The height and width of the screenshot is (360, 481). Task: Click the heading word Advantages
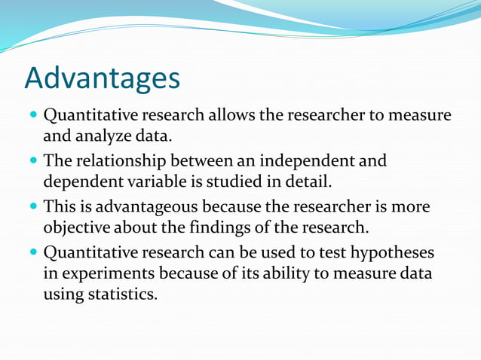point(103,78)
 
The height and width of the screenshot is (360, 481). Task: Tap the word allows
point(228,116)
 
